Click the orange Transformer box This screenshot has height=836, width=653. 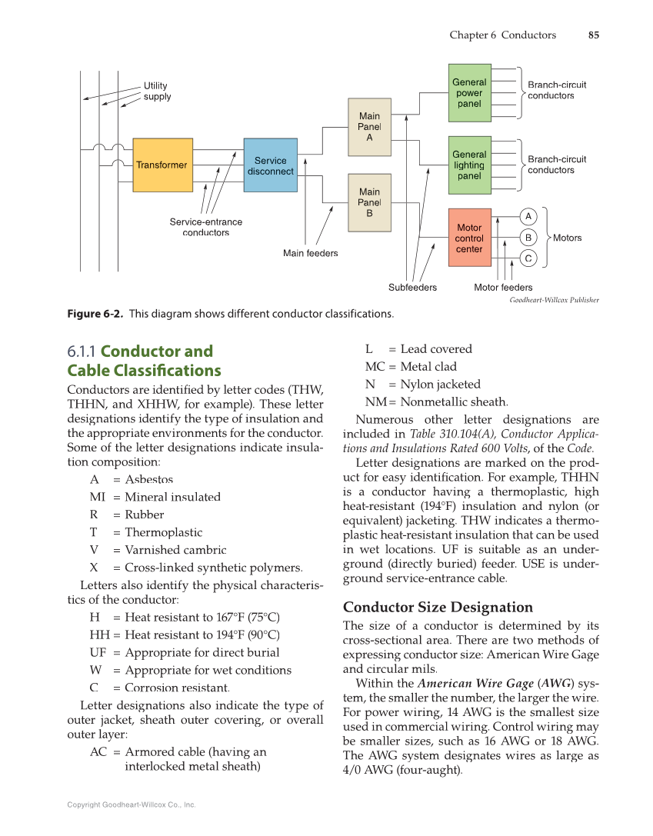click(x=162, y=165)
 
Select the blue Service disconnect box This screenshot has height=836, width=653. click(x=270, y=165)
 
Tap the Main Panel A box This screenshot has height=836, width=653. click(x=369, y=127)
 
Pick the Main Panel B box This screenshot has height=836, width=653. click(x=369, y=202)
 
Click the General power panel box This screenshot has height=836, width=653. click(x=469, y=93)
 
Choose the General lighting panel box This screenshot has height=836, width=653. click(x=469, y=165)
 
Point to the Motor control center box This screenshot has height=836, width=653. click(x=469, y=238)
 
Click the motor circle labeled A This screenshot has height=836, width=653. click(x=528, y=215)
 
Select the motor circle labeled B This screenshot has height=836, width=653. click(x=528, y=237)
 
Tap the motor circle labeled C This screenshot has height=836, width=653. click(x=528, y=258)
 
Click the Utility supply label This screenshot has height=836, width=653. click(x=157, y=92)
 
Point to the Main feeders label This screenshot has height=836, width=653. click(x=310, y=253)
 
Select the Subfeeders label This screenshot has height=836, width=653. click(x=412, y=288)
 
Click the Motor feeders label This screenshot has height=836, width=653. click(x=503, y=288)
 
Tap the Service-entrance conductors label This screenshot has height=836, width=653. click(x=205, y=227)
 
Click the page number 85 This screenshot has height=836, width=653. click(x=593, y=35)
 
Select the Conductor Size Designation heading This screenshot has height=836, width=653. click(x=438, y=607)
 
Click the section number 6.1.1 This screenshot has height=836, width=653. click(x=82, y=351)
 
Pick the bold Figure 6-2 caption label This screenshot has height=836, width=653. click(x=95, y=314)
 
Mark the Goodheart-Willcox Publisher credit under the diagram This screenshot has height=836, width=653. click(x=554, y=300)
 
